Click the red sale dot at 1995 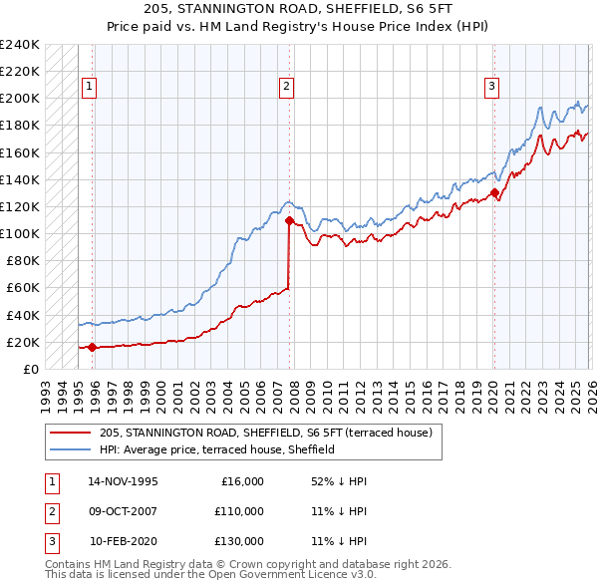click(x=93, y=347)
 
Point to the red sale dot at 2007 click(x=289, y=220)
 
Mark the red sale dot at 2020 click(x=494, y=193)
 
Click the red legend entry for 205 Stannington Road click(x=265, y=434)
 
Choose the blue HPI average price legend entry click(x=216, y=449)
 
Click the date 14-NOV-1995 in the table click(x=123, y=481)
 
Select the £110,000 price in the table click(x=239, y=511)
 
